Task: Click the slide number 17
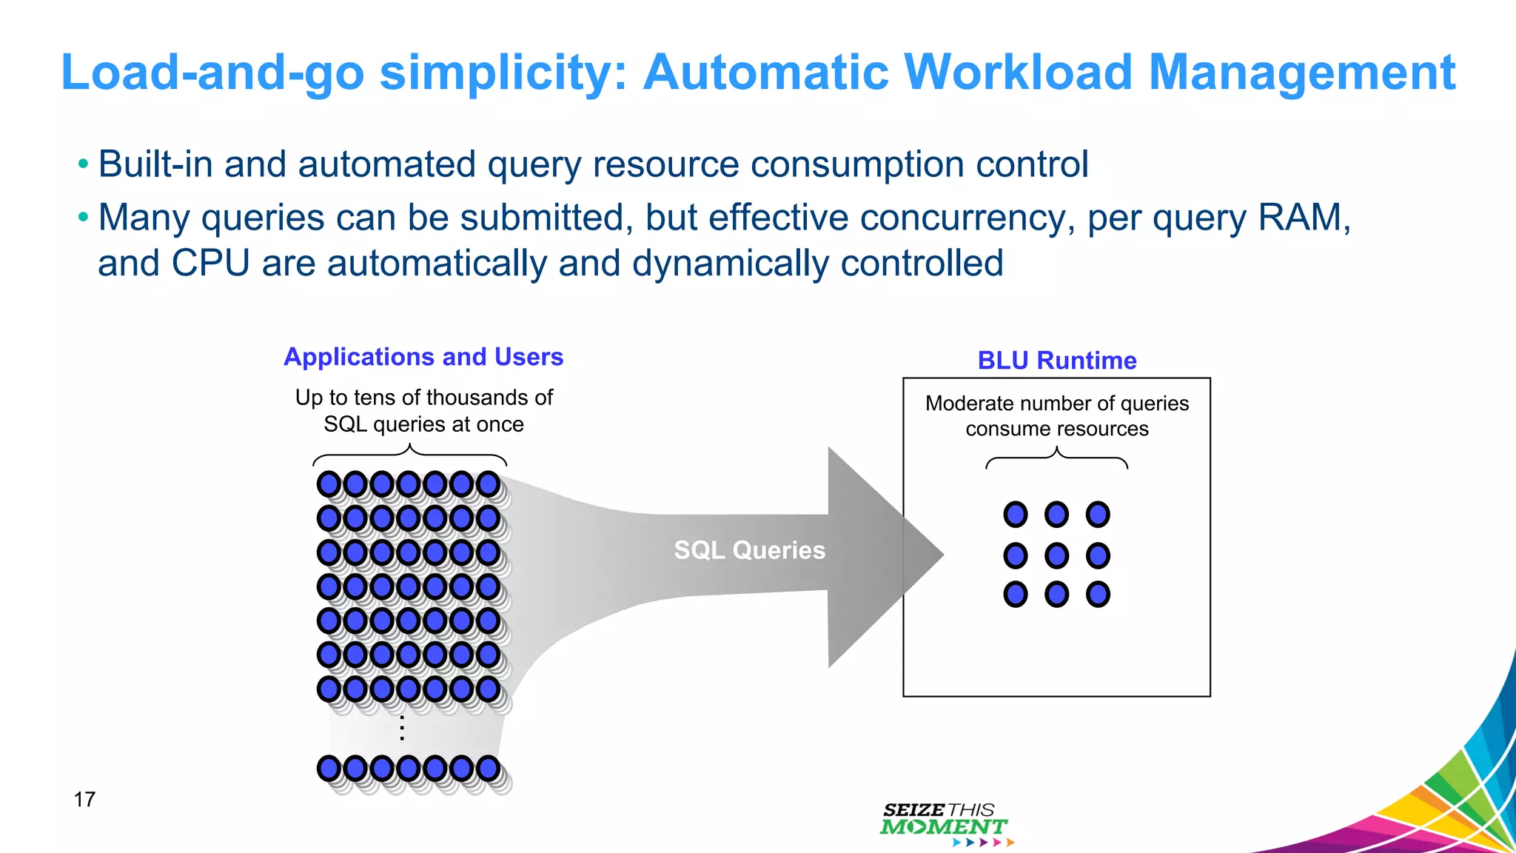point(84,800)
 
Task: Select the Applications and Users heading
point(423,357)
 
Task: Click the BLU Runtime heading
point(1056,361)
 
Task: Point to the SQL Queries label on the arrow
point(749,550)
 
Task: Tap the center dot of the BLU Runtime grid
point(1056,555)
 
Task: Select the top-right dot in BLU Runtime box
point(1098,514)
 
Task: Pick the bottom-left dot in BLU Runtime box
point(1016,594)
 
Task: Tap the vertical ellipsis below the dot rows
point(402,728)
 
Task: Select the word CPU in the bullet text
point(210,264)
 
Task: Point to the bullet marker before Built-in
point(83,164)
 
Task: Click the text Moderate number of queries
point(1056,404)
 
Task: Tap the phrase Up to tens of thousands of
point(423,398)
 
